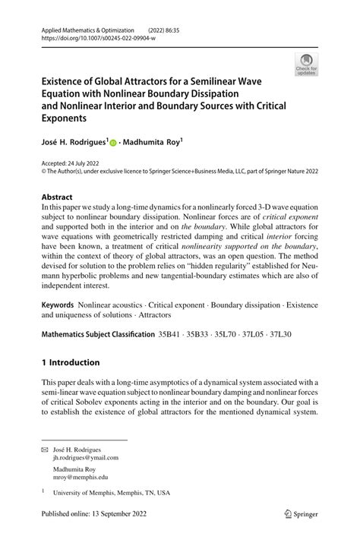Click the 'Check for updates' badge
click(308, 65)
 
